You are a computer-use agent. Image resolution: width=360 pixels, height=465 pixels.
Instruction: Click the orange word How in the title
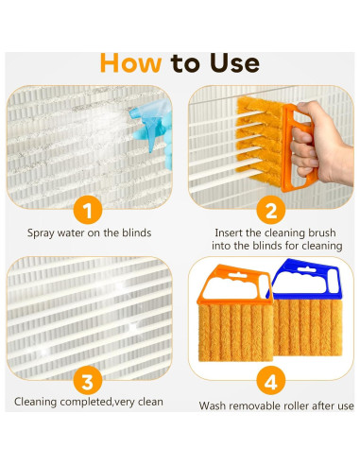(x=131, y=63)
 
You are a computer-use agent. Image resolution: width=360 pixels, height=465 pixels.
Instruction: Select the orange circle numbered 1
(x=88, y=210)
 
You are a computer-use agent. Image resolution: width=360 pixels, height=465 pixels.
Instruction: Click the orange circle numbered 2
(x=271, y=210)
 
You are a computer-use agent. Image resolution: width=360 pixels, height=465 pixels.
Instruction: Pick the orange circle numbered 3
(x=88, y=381)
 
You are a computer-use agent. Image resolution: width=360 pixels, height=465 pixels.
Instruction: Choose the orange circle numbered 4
(x=271, y=381)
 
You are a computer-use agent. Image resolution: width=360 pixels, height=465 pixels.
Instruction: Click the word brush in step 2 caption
(x=321, y=232)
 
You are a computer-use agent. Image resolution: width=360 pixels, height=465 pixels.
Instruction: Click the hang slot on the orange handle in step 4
(x=238, y=275)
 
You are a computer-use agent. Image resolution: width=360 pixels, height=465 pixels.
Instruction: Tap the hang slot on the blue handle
(x=306, y=269)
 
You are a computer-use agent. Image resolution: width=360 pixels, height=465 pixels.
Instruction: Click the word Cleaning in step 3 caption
(x=36, y=403)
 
